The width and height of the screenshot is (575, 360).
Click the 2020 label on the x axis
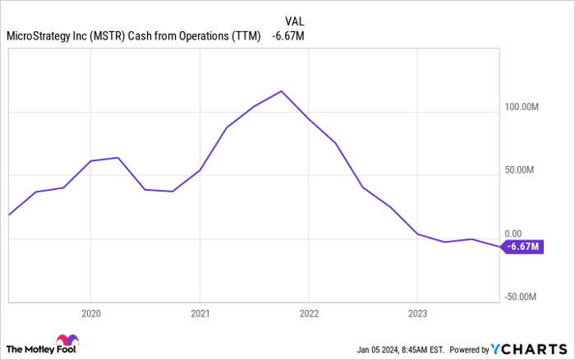click(90, 313)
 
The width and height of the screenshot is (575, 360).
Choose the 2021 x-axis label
click(200, 313)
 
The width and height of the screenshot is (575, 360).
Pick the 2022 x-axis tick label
click(309, 313)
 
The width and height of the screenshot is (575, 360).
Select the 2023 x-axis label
click(417, 313)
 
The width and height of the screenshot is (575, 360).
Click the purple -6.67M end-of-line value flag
click(522, 247)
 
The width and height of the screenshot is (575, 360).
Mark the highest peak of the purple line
click(281, 91)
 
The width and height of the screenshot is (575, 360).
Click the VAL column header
click(294, 21)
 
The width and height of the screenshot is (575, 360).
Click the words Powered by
click(467, 348)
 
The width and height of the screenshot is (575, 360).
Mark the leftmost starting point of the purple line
click(8, 215)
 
